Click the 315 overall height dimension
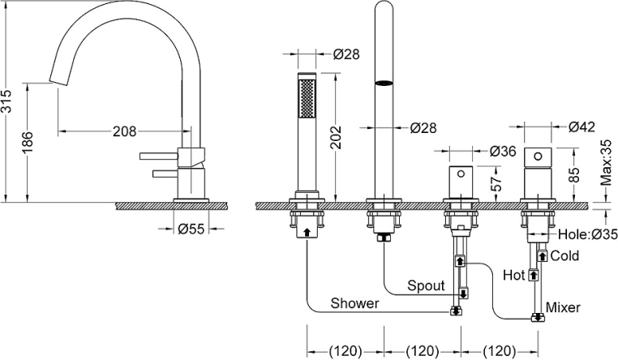[x=7, y=101]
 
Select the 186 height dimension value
[x=27, y=143]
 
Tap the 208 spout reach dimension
[x=122, y=131]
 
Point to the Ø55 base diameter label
[x=191, y=229]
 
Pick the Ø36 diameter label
[x=504, y=151]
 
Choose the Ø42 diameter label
[x=582, y=126]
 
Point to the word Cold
[x=565, y=255]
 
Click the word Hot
[x=514, y=275]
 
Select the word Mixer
[x=563, y=308]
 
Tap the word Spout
[x=426, y=285]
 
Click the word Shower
[x=354, y=303]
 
